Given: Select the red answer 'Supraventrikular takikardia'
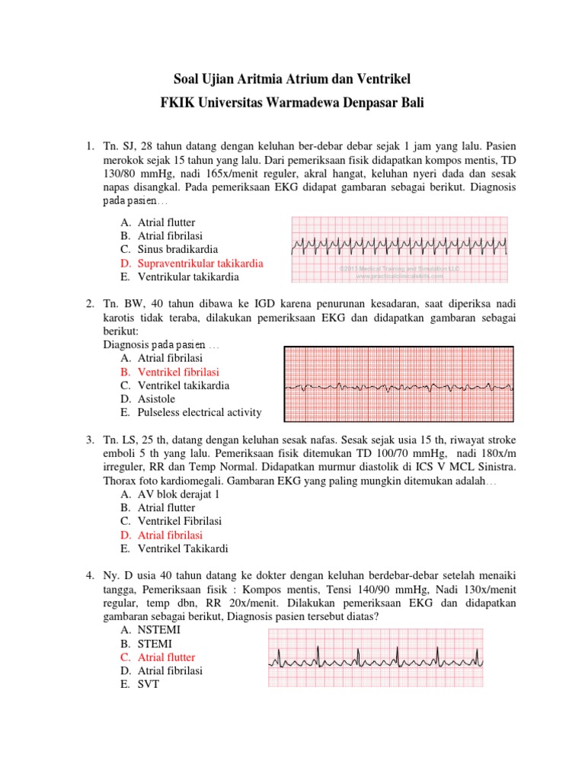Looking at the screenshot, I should coord(200,263).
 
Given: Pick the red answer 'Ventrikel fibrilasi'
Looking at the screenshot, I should coord(178,372).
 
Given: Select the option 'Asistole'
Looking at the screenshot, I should coord(156,399).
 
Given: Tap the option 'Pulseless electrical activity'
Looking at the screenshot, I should coord(200,413).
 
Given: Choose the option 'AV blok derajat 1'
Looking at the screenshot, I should coord(178,494).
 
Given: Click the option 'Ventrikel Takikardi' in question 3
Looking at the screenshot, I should coord(182,548).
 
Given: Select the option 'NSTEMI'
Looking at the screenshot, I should coord(158,630).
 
